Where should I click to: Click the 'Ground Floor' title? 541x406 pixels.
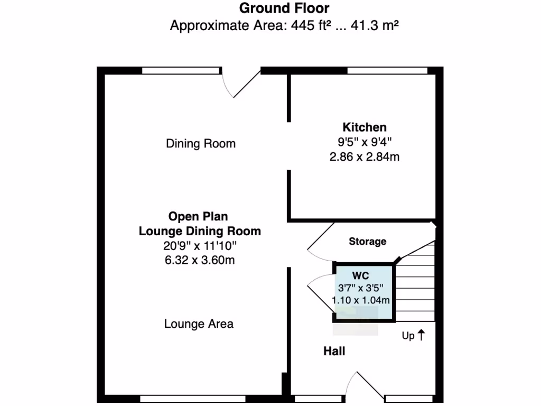pos(284,8)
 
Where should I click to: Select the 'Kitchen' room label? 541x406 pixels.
pos(365,127)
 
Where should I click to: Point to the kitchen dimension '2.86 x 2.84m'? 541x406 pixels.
pos(365,157)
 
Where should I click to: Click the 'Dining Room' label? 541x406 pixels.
pos(201,144)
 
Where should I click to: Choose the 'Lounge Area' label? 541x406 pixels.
pos(199,324)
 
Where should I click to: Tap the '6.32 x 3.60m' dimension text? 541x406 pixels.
pos(199,260)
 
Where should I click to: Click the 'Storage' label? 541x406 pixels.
pos(367,242)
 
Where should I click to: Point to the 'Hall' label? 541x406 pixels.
pos(334,351)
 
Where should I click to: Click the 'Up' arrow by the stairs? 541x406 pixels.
pos(421,335)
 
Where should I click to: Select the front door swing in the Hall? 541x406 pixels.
pos(352,383)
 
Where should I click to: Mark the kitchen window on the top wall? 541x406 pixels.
pos(387,70)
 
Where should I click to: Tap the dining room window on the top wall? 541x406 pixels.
pos(180,70)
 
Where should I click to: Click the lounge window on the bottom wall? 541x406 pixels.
pos(192,399)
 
